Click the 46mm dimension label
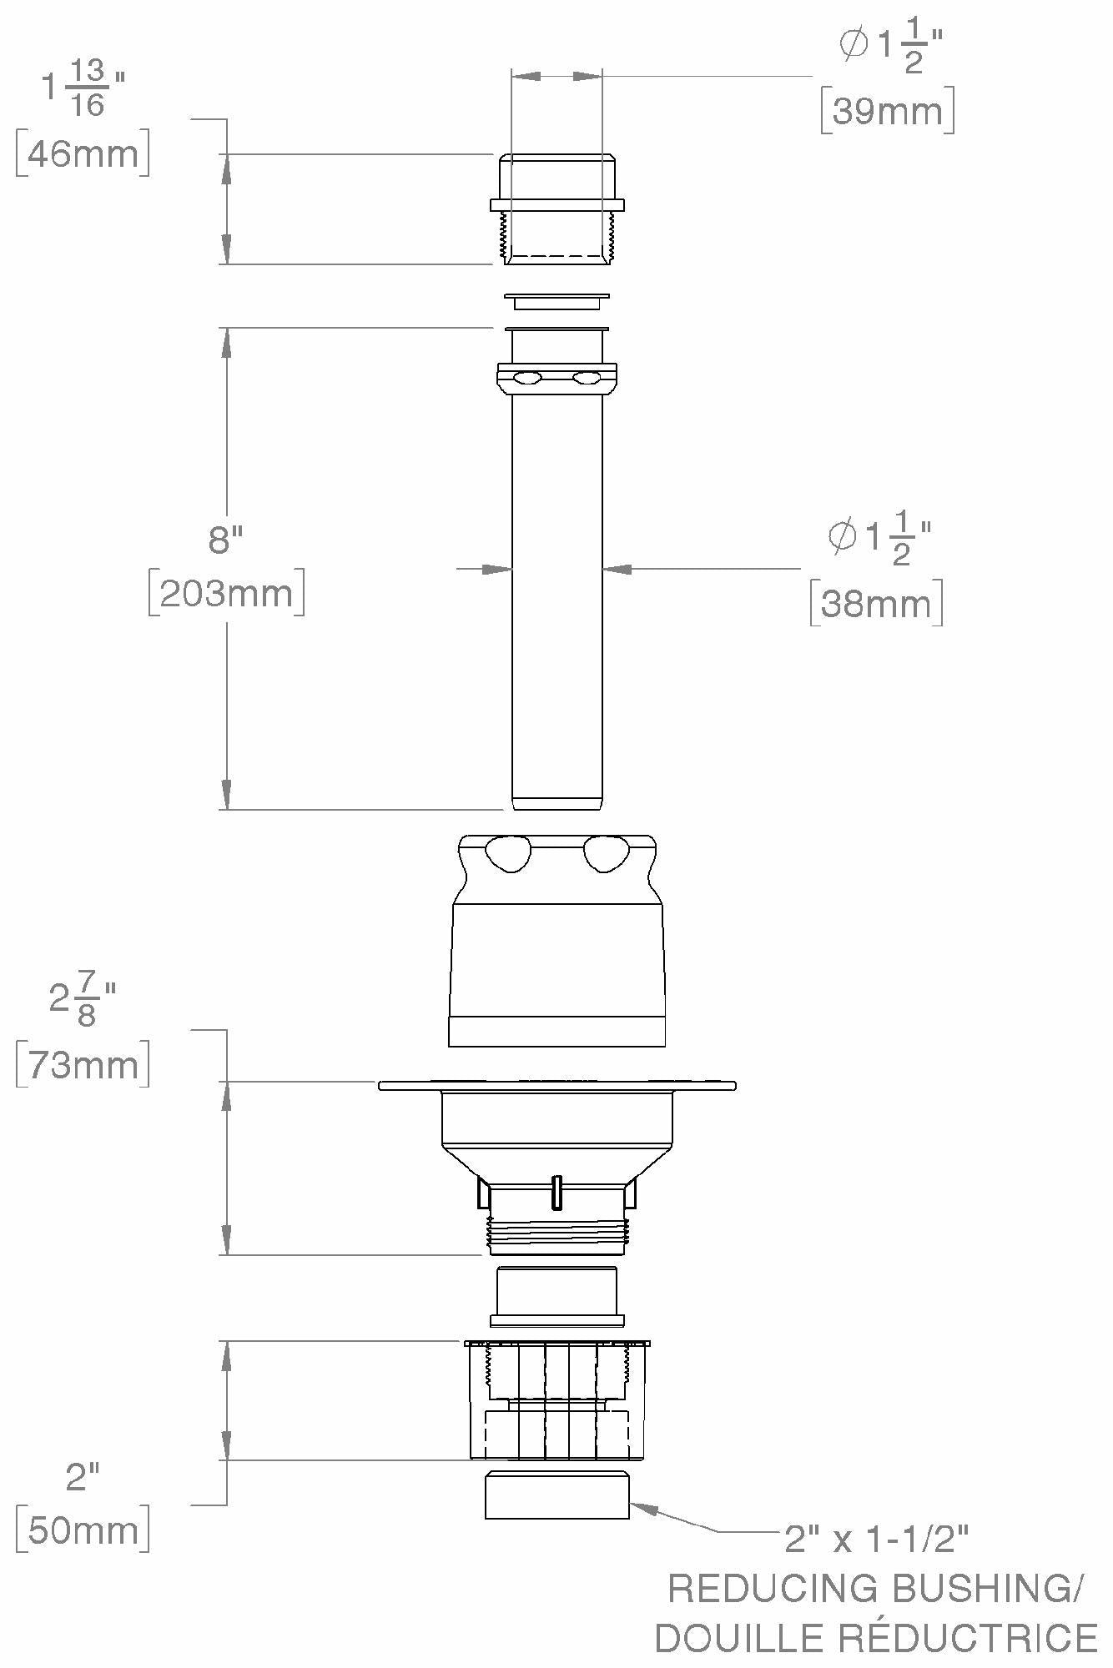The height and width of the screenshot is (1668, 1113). pos(83,153)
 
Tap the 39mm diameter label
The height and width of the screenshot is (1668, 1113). pos(888,110)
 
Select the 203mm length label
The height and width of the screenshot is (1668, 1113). pos(226,593)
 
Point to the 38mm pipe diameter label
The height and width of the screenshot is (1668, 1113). pos(876,603)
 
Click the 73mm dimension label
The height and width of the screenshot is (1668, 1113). pos(83,1064)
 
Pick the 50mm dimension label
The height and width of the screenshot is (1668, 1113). pos(83,1530)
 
